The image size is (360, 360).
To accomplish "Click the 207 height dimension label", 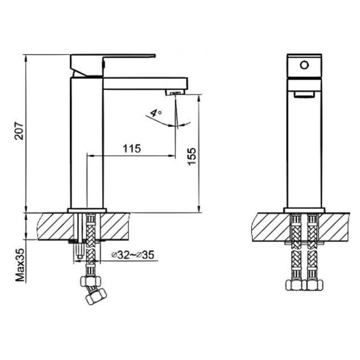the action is (x=19, y=131).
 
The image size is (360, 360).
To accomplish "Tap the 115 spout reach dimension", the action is (x=131, y=148).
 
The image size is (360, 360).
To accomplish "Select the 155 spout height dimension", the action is (x=192, y=156).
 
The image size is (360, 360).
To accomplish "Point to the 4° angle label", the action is (x=156, y=113).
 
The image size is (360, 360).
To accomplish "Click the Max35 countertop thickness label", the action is (x=20, y=265).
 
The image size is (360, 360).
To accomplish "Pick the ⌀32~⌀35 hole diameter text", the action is (x=133, y=255).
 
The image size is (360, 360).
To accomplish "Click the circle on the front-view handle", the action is (x=304, y=65).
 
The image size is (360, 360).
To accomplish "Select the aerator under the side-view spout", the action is (x=175, y=93).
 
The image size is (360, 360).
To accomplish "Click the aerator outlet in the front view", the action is (x=304, y=94).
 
